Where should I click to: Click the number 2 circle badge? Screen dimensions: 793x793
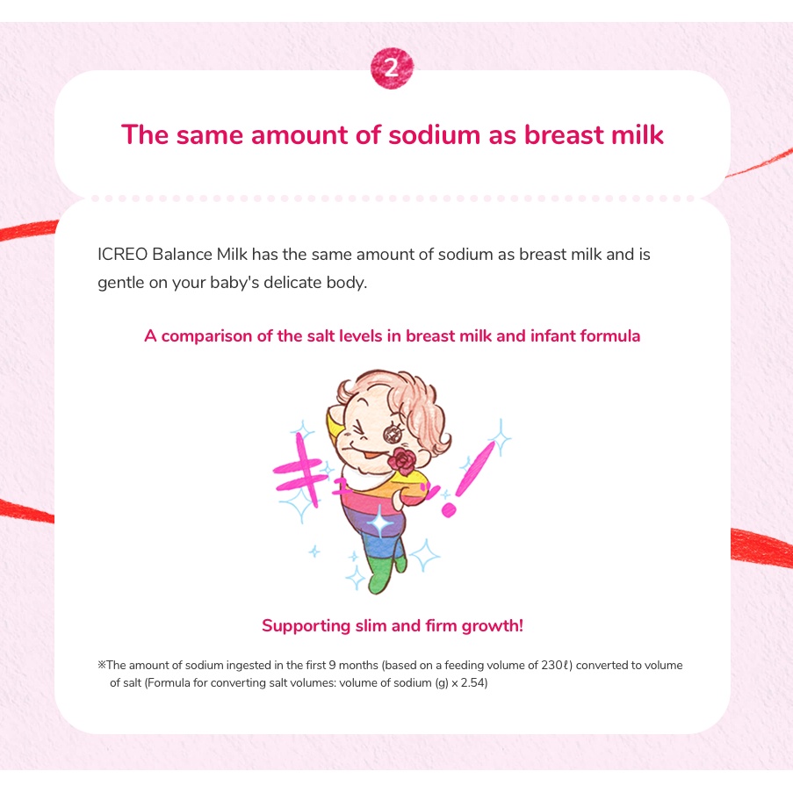click(x=392, y=68)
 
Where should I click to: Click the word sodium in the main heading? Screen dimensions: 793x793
click(x=434, y=135)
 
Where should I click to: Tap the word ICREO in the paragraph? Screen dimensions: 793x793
click(x=122, y=254)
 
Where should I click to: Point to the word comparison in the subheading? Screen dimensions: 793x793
click(x=206, y=336)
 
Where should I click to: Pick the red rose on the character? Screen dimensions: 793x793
click(x=402, y=460)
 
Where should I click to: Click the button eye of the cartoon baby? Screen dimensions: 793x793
click(x=393, y=434)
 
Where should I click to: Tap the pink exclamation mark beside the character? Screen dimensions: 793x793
click(x=468, y=479)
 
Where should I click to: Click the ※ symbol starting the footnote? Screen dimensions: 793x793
click(x=102, y=665)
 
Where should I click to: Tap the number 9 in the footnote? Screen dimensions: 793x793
click(x=332, y=665)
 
